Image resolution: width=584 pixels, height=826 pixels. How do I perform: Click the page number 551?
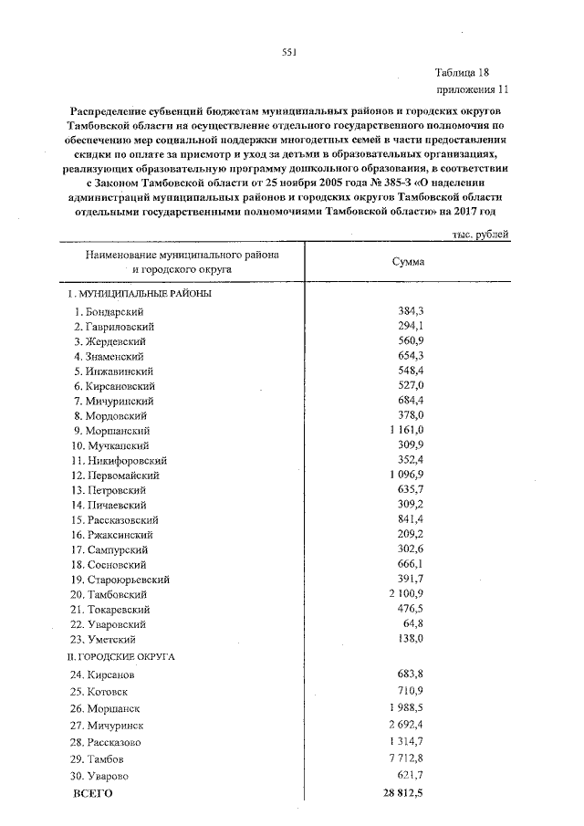click(x=289, y=52)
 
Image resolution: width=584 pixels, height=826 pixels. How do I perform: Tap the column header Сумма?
click(x=407, y=262)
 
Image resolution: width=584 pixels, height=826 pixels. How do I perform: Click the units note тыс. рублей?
click(x=480, y=235)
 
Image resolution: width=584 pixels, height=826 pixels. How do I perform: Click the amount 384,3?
click(x=412, y=312)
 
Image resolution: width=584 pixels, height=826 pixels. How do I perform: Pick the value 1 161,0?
click(x=407, y=431)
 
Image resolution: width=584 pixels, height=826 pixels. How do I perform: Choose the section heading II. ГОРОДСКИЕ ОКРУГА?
click(x=120, y=656)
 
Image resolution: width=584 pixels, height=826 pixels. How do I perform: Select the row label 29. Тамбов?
click(x=99, y=759)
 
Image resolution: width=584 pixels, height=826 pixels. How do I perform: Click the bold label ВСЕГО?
click(x=92, y=794)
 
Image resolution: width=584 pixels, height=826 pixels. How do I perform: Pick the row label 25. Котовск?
click(x=101, y=692)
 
